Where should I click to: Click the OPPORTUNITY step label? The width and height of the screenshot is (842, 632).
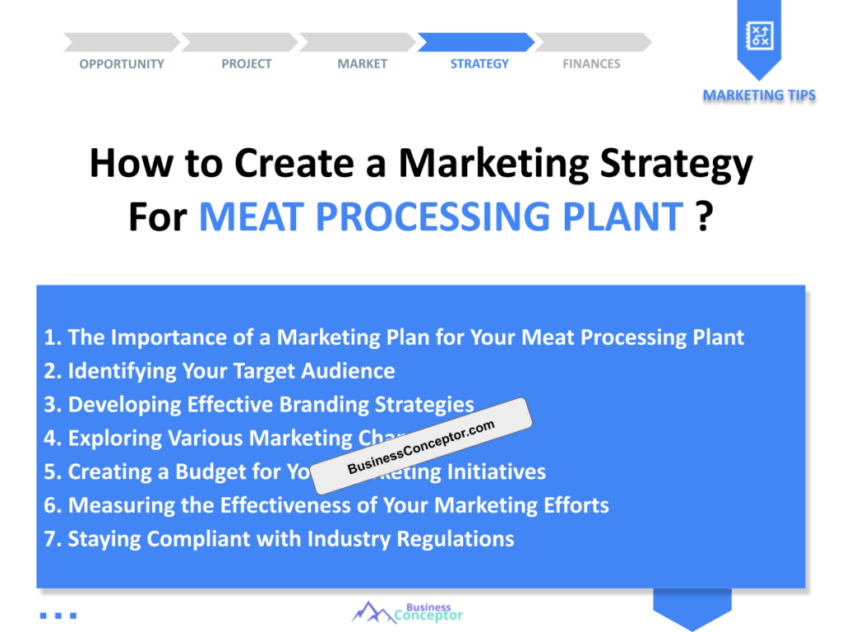122,64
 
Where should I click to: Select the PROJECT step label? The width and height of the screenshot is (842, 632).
246,64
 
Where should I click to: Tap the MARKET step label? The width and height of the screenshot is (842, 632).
362,64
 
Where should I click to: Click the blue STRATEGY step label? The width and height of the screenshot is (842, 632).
479,64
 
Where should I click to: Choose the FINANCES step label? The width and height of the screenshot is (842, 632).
591,64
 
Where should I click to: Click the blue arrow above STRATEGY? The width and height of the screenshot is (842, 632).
476,42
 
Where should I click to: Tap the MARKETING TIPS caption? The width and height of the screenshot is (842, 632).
759,95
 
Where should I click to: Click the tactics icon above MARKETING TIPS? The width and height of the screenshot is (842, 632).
758,35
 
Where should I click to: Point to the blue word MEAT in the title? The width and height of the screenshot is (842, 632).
252,217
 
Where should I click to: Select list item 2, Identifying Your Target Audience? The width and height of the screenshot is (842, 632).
220,371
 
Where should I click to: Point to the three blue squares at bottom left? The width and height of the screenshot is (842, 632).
58,615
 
